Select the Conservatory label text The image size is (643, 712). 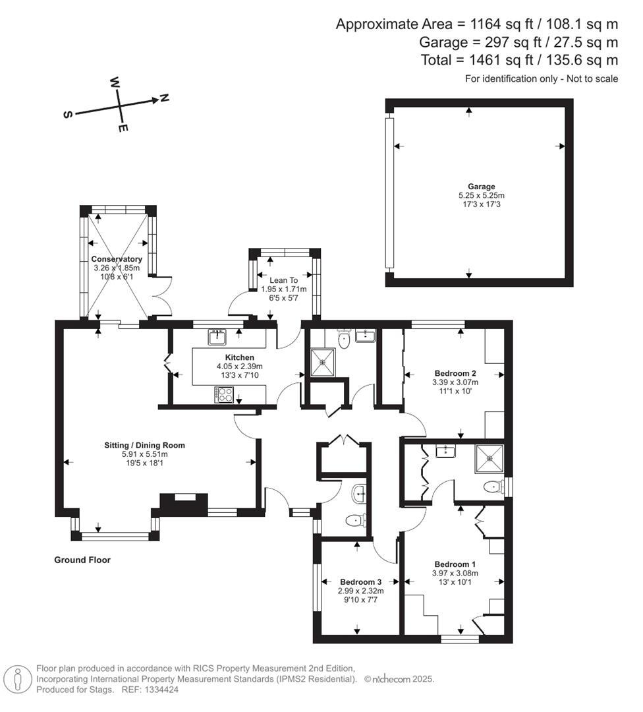tap(117, 259)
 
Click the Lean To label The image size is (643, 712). tap(284, 280)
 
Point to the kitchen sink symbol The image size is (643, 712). tap(217, 337)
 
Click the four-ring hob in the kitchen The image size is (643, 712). tap(223, 394)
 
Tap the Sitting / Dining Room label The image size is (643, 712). tap(144, 445)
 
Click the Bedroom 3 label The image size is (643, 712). tap(360, 582)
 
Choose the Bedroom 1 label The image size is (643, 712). tap(455, 564)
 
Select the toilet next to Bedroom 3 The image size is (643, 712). tap(355, 521)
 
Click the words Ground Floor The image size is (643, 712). tap(82, 560)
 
